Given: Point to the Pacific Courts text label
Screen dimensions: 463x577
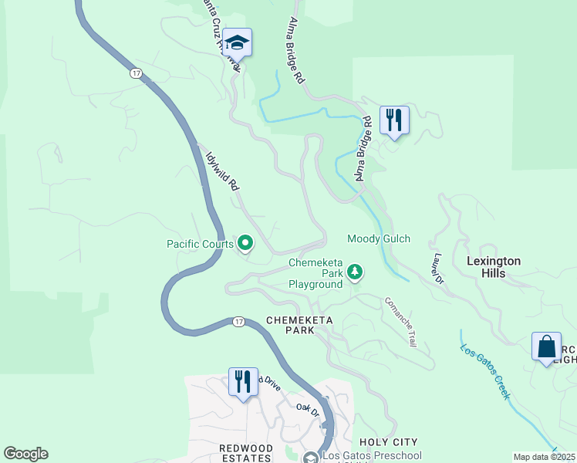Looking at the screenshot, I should click(x=200, y=245).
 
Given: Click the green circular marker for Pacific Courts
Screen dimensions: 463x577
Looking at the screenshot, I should click(x=246, y=245).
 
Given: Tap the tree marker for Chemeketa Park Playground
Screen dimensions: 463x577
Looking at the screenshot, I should click(x=355, y=272).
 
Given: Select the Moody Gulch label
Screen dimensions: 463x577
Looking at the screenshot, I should click(x=379, y=239).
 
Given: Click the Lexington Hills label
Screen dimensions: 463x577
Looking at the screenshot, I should click(x=493, y=267).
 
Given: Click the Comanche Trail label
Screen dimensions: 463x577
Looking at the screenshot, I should click(x=400, y=321).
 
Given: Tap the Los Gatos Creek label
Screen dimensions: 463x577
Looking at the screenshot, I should click(x=487, y=370).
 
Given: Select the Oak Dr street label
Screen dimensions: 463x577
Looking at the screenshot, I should click(x=308, y=410).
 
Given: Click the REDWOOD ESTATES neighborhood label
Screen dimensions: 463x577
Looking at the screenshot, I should click(x=245, y=453).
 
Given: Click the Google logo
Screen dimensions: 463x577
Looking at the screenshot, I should click(x=25, y=454).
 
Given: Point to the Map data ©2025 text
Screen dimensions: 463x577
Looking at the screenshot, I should click(x=545, y=457).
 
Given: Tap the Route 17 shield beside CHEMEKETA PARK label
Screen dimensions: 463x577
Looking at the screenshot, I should click(x=238, y=321).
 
